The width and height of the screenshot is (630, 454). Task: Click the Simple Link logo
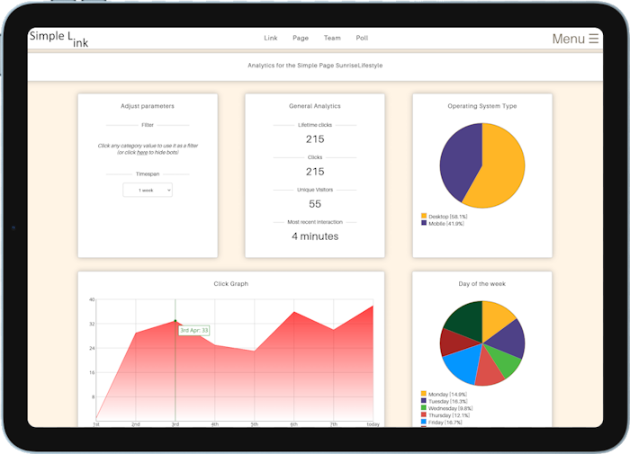click(59, 38)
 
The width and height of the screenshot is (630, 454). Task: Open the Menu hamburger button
click(575, 39)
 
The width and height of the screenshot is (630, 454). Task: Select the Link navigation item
click(270, 39)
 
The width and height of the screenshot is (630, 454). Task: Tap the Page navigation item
click(301, 39)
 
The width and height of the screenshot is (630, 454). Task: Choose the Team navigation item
click(332, 39)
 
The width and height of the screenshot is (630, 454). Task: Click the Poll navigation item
click(362, 39)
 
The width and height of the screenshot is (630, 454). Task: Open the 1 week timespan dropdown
click(148, 191)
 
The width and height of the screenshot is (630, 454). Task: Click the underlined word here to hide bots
click(142, 153)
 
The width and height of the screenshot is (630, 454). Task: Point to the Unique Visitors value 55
click(315, 204)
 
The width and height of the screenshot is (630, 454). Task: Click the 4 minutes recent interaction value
click(315, 236)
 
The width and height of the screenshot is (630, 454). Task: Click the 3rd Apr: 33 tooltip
click(193, 331)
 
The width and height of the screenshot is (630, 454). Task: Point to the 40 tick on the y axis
click(92, 299)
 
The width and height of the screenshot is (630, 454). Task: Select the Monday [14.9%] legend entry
click(446, 394)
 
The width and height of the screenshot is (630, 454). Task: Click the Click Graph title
click(231, 284)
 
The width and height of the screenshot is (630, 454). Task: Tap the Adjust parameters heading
click(148, 106)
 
